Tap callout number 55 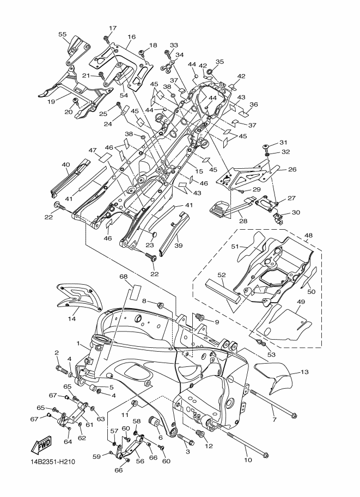click(62, 34)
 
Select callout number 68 click(124, 277)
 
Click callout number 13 click(304, 372)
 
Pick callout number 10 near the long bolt click(248, 459)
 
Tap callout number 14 click(72, 318)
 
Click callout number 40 click(66, 164)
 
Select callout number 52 click(222, 275)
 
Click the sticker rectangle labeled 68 click(135, 292)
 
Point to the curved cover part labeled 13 click(276, 377)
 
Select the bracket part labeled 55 click(78, 50)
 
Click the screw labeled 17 click(107, 40)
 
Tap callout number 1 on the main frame click(78, 343)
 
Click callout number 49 click(301, 302)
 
